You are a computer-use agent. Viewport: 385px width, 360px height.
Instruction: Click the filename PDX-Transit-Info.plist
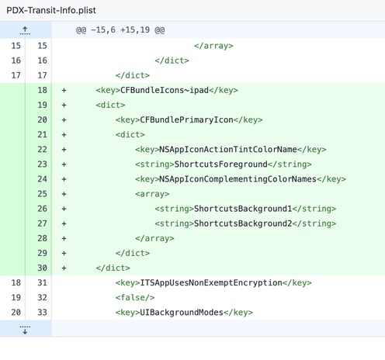coord(51,10)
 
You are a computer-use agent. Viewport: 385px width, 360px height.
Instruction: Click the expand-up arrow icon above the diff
coord(25,30)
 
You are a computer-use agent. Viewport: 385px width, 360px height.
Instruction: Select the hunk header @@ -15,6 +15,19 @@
coord(120,30)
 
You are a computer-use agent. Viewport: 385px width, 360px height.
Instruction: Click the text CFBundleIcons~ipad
coord(165,90)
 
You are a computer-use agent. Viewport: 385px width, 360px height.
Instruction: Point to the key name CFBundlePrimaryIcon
coord(186,119)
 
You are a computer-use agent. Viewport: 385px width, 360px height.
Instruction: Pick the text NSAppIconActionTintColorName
coord(228,149)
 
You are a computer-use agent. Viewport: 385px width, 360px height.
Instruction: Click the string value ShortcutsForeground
coord(221,164)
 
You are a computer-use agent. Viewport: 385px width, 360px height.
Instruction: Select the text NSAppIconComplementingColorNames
coord(238,179)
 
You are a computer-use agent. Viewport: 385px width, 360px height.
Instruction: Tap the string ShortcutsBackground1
coord(243,209)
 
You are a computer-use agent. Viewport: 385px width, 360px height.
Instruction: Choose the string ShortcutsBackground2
coord(243,223)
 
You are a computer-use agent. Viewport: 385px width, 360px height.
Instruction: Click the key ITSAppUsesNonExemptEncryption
coord(211,282)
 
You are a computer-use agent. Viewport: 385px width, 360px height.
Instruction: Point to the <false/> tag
coord(135,297)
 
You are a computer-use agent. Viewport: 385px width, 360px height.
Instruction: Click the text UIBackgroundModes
coord(182,313)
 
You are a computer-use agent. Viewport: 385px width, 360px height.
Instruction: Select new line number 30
coord(42,268)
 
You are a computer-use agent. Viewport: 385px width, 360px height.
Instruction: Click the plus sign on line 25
coord(64,194)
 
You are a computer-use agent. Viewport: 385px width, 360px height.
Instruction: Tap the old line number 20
coord(16,313)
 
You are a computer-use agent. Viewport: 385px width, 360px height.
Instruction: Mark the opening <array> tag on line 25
coord(152,194)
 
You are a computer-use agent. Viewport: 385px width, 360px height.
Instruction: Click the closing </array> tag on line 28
coord(154,238)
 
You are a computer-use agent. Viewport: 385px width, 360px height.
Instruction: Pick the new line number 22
coord(42,150)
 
